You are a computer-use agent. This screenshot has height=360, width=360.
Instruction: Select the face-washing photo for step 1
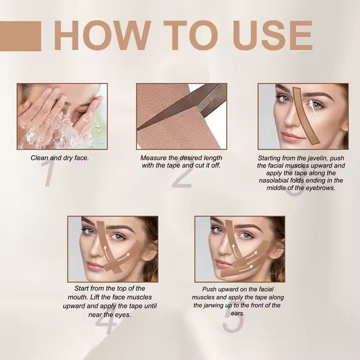click(x=61, y=116)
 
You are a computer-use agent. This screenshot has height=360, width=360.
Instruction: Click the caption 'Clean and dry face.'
click(x=59, y=158)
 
